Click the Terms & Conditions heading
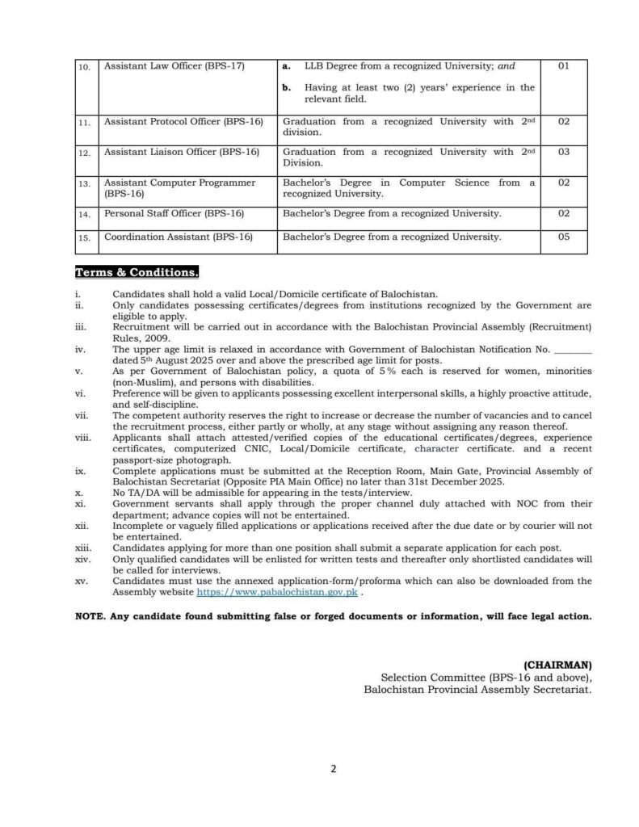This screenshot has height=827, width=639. [x=137, y=272]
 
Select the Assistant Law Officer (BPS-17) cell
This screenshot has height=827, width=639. [x=174, y=65]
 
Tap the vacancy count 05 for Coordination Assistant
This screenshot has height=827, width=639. [x=564, y=237]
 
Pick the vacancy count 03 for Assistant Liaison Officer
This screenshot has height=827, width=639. [x=564, y=152]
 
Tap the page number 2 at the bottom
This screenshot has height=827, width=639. [x=332, y=770]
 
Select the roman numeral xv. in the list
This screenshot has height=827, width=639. [x=80, y=581]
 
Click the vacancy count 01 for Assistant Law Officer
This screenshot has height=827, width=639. [x=564, y=65]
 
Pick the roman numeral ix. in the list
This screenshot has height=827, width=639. [x=79, y=470]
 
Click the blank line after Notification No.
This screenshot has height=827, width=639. [x=574, y=349]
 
